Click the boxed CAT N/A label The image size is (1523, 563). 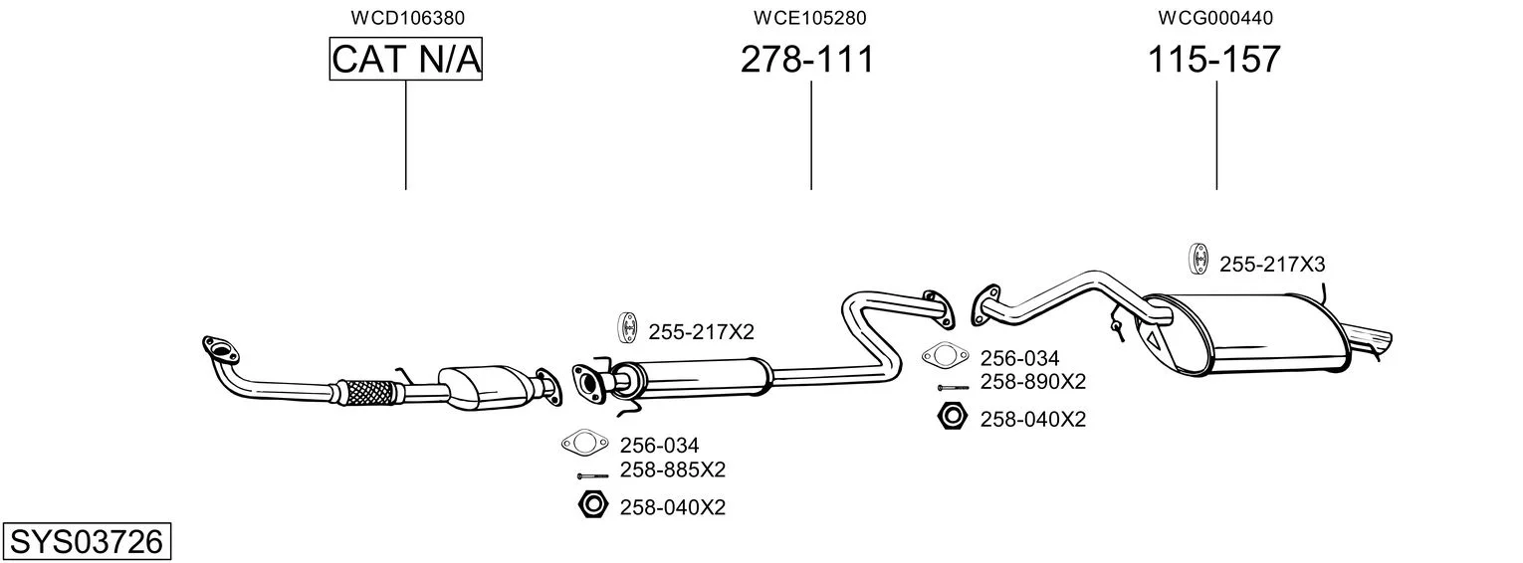(x=406, y=60)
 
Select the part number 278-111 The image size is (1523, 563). (x=807, y=60)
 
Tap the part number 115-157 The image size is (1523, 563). (x=1214, y=60)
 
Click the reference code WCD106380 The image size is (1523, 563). (x=407, y=18)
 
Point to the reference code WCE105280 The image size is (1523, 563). (x=809, y=18)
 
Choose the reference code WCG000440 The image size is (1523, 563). (x=1215, y=18)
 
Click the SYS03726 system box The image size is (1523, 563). (x=87, y=542)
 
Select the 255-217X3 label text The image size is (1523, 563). (x=1272, y=265)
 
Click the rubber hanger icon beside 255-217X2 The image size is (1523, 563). (x=628, y=327)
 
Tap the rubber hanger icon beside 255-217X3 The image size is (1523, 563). (x=1199, y=259)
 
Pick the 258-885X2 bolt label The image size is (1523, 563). (x=673, y=469)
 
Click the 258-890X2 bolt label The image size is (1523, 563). (x=1033, y=382)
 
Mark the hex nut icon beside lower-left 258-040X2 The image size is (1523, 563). (x=592, y=504)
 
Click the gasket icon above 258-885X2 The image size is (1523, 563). (x=584, y=443)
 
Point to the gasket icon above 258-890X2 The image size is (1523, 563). (x=945, y=355)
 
